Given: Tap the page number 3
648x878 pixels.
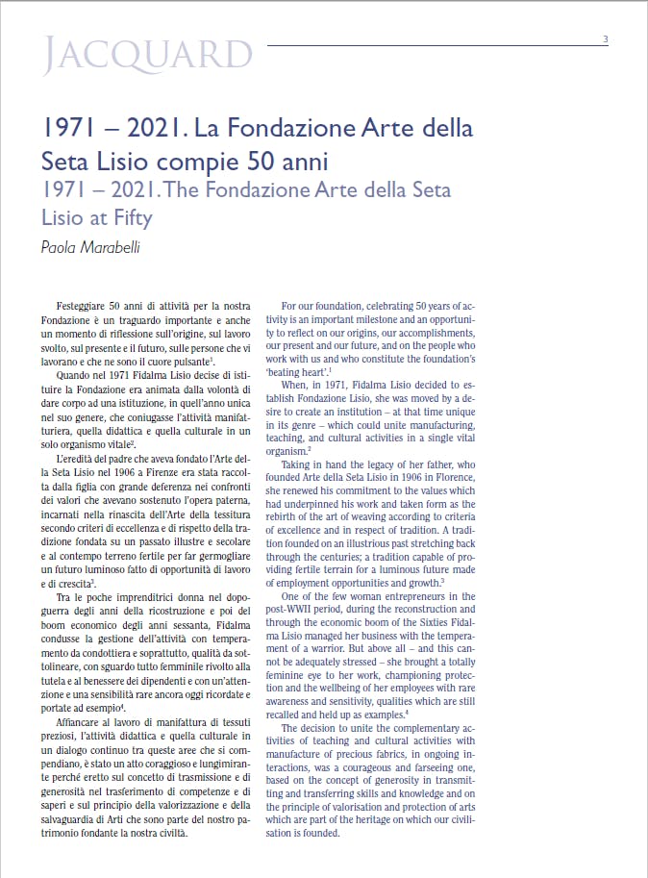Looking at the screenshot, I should (605, 39).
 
